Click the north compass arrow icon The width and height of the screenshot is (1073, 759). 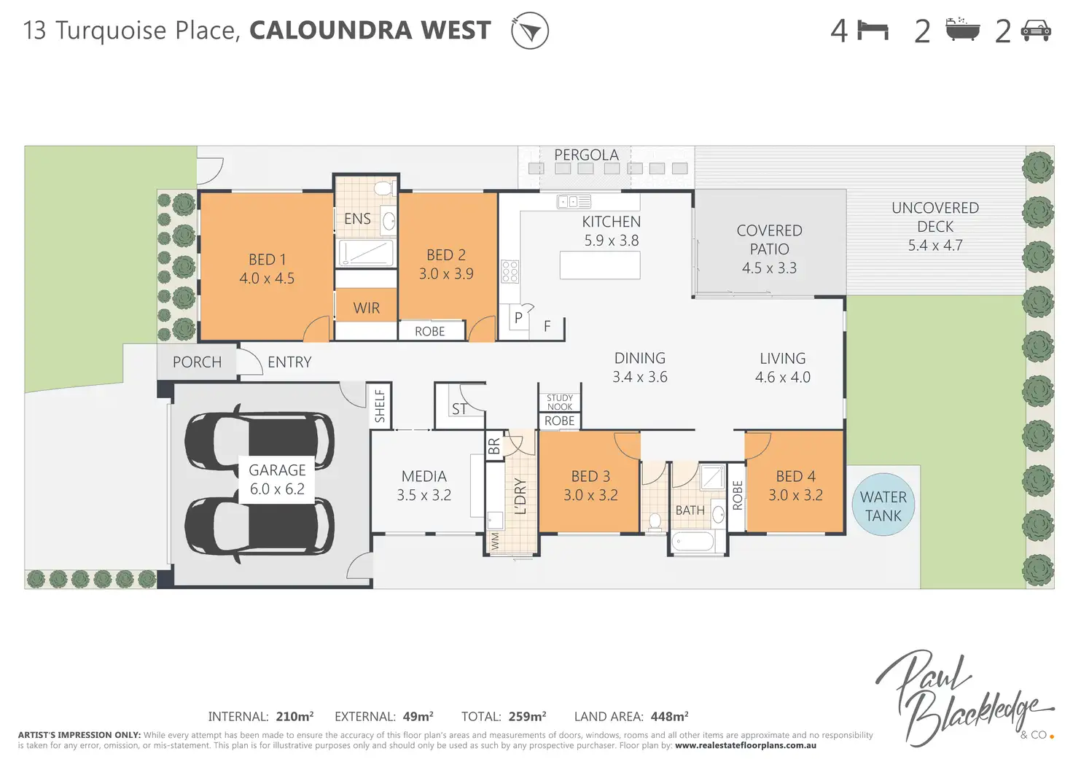point(530,31)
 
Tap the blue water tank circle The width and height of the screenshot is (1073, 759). point(883,505)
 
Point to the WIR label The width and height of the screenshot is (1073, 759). point(366,308)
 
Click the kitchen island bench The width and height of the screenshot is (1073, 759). point(600,265)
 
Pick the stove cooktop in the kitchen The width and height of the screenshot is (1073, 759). point(510,271)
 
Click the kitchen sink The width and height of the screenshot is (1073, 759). point(574,201)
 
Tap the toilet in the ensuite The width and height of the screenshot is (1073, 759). point(383,188)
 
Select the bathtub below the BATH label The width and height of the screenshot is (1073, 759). point(692,542)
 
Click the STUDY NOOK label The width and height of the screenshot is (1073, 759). point(560,402)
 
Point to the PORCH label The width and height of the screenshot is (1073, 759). point(197,362)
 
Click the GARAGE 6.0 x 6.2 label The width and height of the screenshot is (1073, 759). point(277,480)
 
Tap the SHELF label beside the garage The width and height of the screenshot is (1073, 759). point(380,406)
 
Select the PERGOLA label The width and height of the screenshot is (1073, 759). point(586,155)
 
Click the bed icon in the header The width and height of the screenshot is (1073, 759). point(873,31)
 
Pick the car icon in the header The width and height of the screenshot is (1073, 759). point(1035,31)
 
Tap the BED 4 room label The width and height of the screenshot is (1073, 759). point(795,486)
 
